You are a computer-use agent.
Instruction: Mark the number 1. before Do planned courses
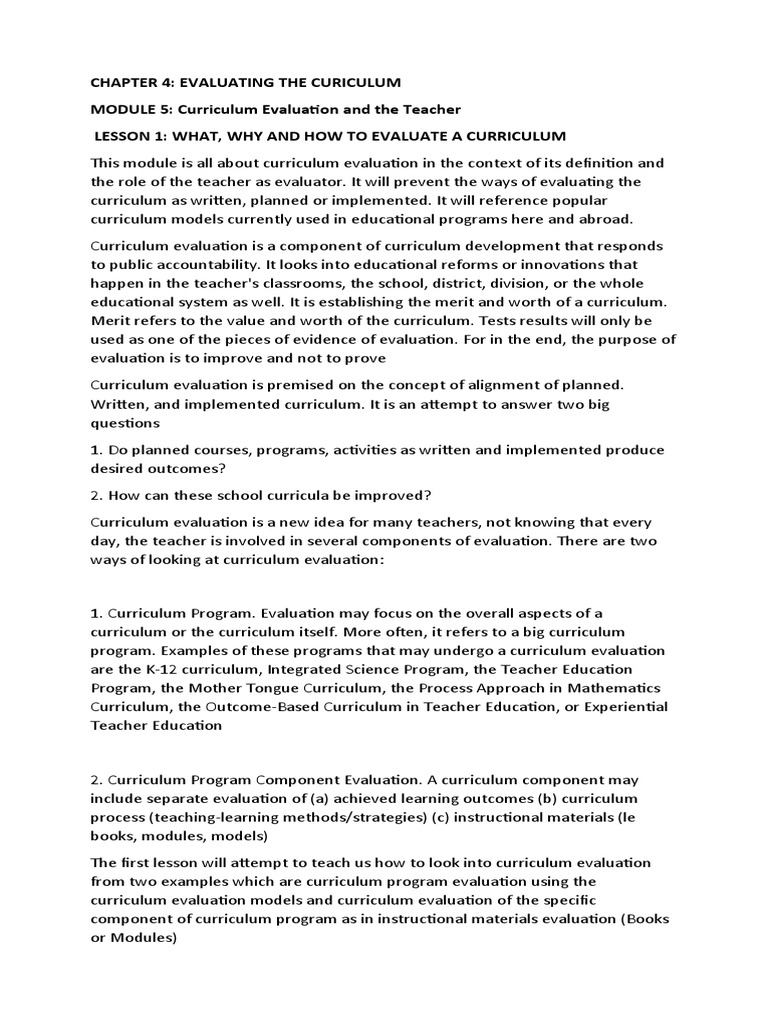[96, 450]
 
